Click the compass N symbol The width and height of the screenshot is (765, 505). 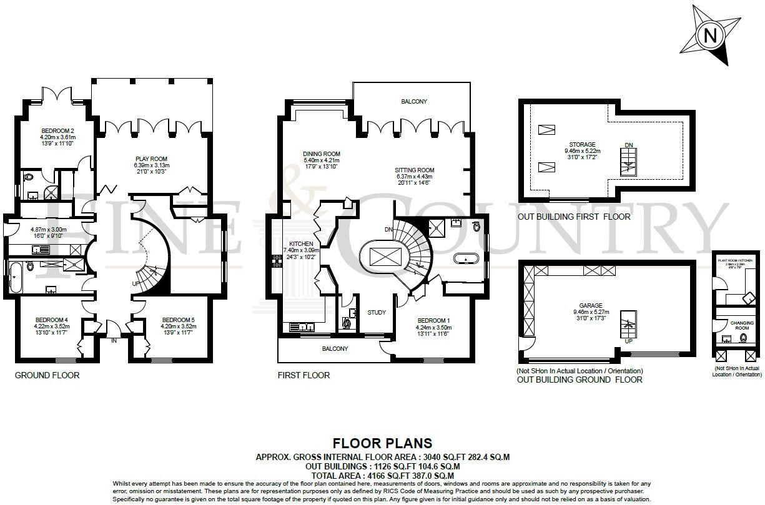pyautogui.click(x=710, y=36)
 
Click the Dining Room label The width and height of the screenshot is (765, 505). pyautogui.click(x=322, y=154)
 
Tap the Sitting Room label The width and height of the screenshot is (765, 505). pyautogui.click(x=414, y=170)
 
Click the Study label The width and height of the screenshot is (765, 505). pyautogui.click(x=376, y=312)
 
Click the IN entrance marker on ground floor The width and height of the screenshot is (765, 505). pyautogui.click(x=114, y=341)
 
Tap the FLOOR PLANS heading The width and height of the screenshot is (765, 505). pyautogui.click(x=382, y=443)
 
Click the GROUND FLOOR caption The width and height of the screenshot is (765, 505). pyautogui.click(x=47, y=375)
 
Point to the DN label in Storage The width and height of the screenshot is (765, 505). pyautogui.click(x=628, y=145)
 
